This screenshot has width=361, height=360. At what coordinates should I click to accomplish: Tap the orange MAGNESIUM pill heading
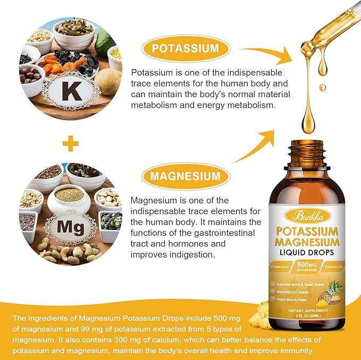(186, 176)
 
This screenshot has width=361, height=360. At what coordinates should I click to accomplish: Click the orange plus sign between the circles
(71, 143)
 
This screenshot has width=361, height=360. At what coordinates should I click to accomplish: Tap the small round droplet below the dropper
(322, 87)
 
